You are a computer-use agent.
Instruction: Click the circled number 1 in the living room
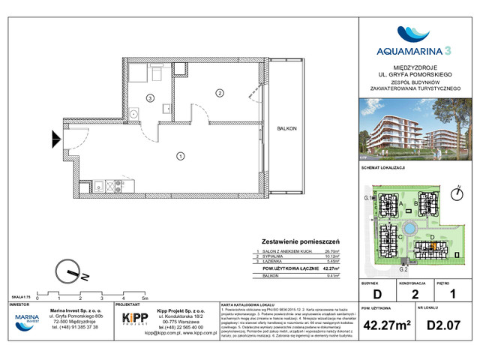coord(181,156)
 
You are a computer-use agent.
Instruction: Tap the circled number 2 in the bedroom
coord(219,93)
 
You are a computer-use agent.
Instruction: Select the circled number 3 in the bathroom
coord(150,97)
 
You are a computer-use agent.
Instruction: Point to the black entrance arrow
coord(56,138)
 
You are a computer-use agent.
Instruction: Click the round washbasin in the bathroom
coord(133,114)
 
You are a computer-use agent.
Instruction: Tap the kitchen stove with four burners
coord(109,185)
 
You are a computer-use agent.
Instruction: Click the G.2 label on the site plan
coord(402,268)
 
